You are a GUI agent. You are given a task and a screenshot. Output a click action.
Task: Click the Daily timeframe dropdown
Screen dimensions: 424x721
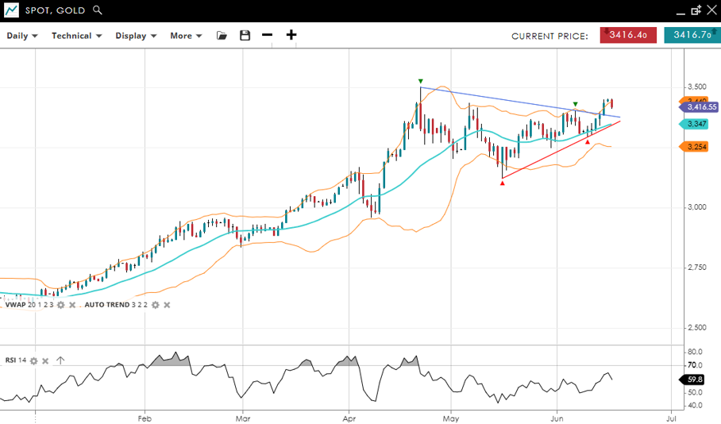point(22,36)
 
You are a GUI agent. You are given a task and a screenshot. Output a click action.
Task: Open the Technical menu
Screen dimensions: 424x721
point(76,36)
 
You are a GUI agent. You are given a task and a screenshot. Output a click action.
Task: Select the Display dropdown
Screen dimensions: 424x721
point(135,36)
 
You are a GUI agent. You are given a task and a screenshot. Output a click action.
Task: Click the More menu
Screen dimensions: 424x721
point(186,36)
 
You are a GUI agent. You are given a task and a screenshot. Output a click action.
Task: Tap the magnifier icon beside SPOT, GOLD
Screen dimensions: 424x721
point(98,10)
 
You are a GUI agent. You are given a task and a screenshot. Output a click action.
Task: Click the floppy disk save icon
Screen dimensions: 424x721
point(245,36)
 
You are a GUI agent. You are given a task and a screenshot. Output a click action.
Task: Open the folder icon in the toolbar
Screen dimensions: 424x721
point(222,36)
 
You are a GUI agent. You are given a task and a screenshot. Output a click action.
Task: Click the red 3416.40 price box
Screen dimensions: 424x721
point(628,35)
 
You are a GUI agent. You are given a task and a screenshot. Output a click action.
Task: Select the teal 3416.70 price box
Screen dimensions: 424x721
point(688,35)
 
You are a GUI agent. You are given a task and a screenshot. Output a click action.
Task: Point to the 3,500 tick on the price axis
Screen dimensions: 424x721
point(696,87)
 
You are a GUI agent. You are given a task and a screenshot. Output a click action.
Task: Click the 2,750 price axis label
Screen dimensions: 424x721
point(696,268)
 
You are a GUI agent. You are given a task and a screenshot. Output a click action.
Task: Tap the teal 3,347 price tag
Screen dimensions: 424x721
point(696,124)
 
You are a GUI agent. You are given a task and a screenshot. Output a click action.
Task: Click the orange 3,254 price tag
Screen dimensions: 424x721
point(696,147)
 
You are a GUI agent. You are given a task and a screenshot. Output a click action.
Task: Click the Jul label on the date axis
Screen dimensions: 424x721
point(671,417)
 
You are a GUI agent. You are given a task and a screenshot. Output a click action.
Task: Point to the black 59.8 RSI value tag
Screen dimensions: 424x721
point(694,380)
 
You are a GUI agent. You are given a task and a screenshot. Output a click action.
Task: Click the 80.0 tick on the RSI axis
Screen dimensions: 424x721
point(695,352)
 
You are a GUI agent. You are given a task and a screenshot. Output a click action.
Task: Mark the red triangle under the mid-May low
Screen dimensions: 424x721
point(503,183)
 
